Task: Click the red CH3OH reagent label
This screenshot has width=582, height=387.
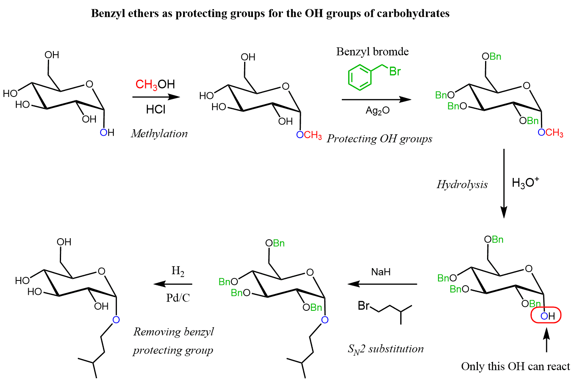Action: coord(155,84)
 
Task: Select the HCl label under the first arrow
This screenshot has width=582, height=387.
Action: coord(156,109)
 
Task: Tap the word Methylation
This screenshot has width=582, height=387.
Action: coord(159,133)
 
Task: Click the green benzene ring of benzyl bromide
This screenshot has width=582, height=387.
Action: coord(359,77)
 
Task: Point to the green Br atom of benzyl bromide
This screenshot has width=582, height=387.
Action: coord(395,71)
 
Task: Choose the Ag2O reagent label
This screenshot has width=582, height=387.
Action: coord(377,111)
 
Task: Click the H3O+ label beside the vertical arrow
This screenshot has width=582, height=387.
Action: coord(525,182)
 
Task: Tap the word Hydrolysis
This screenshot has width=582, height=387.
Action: coord(462,184)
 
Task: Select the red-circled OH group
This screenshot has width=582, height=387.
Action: coord(546,316)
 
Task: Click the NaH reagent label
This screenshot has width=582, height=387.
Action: coord(381,272)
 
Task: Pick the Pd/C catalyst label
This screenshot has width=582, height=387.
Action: coord(178,298)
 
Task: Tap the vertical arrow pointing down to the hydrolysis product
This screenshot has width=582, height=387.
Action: coord(504,184)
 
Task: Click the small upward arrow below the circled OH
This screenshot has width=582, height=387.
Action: coord(546,339)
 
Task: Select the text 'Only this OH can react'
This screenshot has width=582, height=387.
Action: coord(515,366)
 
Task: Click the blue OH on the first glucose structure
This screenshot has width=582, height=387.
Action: coord(107,132)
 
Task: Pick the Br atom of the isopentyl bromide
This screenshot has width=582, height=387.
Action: coord(363,306)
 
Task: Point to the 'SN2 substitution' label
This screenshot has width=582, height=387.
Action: coord(385,349)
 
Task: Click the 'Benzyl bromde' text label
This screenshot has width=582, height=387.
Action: coord(372,51)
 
